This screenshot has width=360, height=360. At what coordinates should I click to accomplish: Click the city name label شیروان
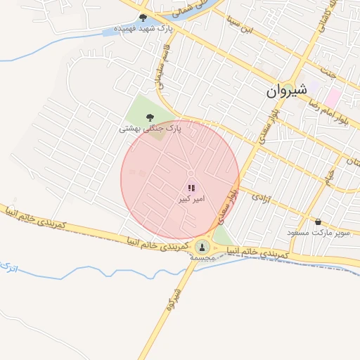click(287, 91)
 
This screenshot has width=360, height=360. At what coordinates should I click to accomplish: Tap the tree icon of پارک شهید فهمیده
click(143, 18)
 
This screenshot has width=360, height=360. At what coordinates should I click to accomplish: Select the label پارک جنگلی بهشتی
click(150, 129)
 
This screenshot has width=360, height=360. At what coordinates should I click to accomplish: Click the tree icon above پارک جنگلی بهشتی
click(149, 117)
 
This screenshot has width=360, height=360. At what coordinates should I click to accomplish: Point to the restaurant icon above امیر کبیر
click(191, 188)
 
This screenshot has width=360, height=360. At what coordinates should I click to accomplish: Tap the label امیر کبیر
click(191, 200)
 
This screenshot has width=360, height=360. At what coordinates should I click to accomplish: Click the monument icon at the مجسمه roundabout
click(202, 246)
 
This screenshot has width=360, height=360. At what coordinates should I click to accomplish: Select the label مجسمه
click(202, 258)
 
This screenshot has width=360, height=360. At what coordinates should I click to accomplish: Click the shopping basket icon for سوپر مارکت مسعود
click(319, 221)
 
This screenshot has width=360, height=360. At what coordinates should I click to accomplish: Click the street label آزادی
click(261, 195)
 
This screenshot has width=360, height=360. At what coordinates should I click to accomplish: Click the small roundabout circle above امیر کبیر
click(191, 174)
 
